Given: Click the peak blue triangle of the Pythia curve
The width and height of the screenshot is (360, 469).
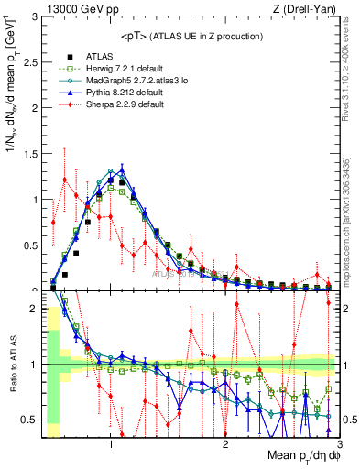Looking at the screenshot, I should coord(122,169).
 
